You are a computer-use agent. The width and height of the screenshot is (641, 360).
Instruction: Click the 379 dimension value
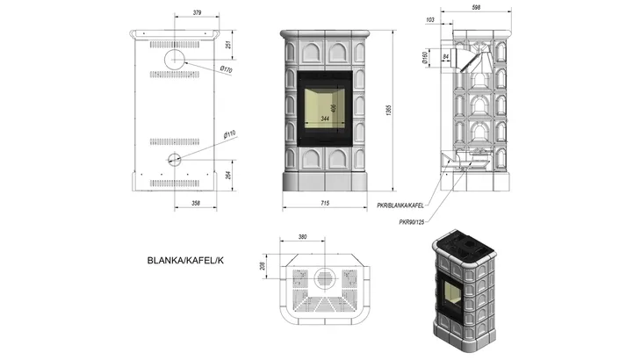click(x=197, y=12)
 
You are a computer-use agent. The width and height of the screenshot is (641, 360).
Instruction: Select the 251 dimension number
click(x=228, y=45)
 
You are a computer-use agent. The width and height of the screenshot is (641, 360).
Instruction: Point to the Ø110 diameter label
click(x=229, y=135)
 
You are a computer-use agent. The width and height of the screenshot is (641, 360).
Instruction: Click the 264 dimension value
click(x=228, y=175)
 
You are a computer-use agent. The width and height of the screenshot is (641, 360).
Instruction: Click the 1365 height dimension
click(x=387, y=109)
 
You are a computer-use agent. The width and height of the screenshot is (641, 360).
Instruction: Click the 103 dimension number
click(x=430, y=19)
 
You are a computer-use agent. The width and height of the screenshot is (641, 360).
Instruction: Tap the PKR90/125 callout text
click(x=414, y=221)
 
